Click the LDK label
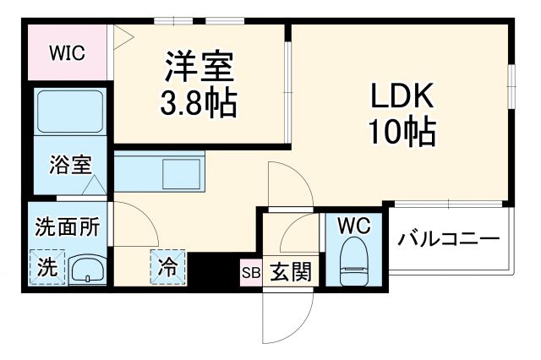click(x=402, y=95)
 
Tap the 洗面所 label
click(x=67, y=227)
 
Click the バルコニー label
click(x=449, y=239)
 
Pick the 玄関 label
click(x=290, y=271)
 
